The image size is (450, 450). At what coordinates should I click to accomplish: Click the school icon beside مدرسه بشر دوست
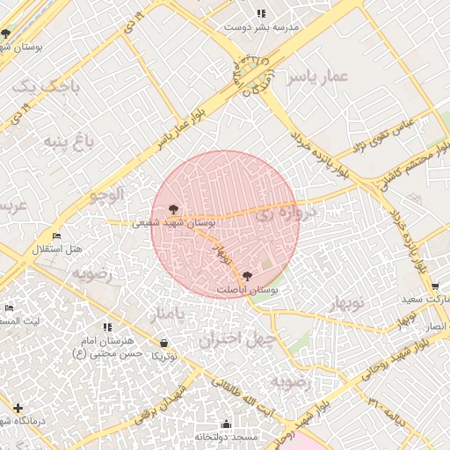[261, 13]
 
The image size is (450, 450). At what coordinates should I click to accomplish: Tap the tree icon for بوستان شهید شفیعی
[173, 209]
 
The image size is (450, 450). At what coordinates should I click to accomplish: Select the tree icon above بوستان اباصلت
[246, 275]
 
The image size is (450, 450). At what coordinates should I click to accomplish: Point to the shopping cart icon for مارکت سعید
[435, 287]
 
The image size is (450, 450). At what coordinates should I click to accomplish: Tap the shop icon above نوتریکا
[164, 343]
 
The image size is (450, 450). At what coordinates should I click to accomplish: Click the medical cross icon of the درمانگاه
[18, 408]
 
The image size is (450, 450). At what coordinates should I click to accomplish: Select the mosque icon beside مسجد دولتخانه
[225, 424]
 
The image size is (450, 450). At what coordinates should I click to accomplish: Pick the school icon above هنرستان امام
[107, 327]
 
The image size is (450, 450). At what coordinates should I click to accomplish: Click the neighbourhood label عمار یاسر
[322, 78]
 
